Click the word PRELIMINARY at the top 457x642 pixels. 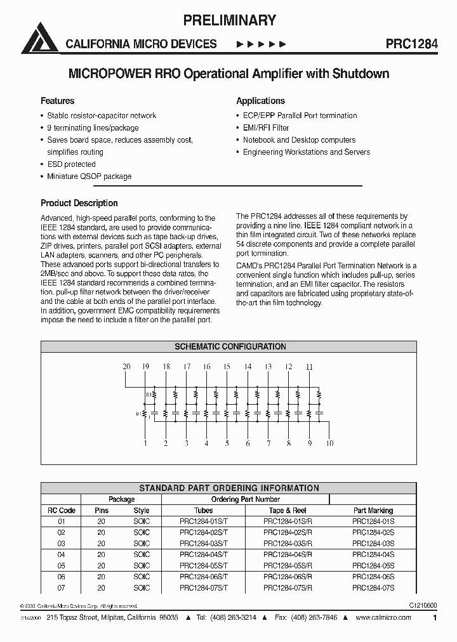[x=229, y=20]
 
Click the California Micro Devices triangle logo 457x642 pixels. [x=39, y=39]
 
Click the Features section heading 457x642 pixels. [x=57, y=101]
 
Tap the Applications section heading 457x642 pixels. [x=260, y=101]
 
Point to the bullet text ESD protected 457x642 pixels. [x=71, y=164]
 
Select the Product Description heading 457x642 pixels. [x=79, y=203]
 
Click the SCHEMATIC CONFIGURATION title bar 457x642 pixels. [x=230, y=347]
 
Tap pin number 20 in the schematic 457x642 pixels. [x=126, y=367]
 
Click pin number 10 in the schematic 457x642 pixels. [x=329, y=443]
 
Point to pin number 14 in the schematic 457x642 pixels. [x=248, y=367]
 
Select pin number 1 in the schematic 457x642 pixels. [x=145, y=443]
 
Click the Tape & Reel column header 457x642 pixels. [x=288, y=510]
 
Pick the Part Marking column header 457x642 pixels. [x=373, y=510]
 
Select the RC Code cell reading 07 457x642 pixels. [x=62, y=588]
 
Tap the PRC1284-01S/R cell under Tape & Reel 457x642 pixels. [x=288, y=521]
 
